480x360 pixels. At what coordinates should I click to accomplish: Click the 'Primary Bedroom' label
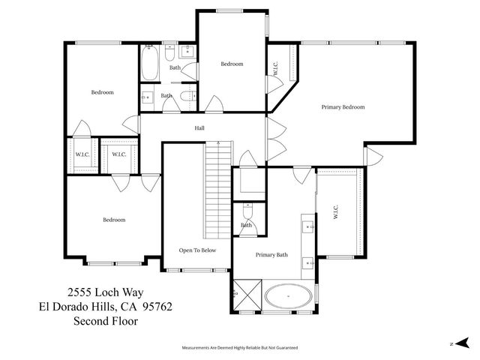pos(343,107)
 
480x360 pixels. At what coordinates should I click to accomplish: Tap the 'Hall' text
pos(199,128)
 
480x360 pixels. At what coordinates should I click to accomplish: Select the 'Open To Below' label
pos(197,250)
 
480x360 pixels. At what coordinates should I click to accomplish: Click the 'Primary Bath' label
pos(271,255)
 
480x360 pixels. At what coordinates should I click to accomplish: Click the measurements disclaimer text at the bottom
pos(240,348)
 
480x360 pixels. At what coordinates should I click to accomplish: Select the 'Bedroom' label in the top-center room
pos(232,64)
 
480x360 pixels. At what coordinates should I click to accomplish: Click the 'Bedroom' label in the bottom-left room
pos(114,220)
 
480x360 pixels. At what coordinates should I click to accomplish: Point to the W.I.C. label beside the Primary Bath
pos(336,212)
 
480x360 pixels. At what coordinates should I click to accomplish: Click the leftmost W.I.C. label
pos(82,154)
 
